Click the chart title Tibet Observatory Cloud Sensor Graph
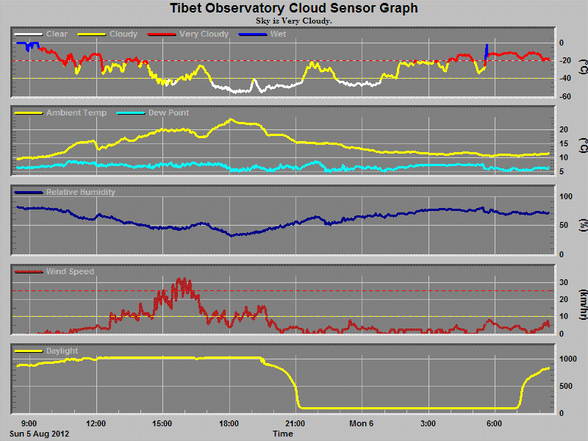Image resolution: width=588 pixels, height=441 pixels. pos(294,9)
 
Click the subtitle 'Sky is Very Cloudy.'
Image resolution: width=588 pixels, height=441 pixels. pos(294,21)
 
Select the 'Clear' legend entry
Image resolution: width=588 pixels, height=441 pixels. pos(56,34)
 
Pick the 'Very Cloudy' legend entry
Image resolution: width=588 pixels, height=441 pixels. pos(204,34)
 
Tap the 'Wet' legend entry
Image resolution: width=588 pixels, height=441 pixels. pos(278,34)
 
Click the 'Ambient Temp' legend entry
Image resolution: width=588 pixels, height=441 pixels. pos(76,113)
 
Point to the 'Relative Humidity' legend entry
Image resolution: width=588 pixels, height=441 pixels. pos(80,193)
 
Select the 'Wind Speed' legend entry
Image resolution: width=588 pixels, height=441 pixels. pos(70,272)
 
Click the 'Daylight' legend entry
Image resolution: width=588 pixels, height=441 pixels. pos(62,351)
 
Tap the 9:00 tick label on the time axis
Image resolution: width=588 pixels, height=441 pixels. pos(29,423)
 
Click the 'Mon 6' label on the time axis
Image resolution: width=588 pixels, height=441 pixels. pos(362,423)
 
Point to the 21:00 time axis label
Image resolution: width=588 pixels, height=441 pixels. pos(295,423)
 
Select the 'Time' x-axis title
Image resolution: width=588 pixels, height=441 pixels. pos(283,434)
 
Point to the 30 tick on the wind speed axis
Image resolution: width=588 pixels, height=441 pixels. pos(562,282)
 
